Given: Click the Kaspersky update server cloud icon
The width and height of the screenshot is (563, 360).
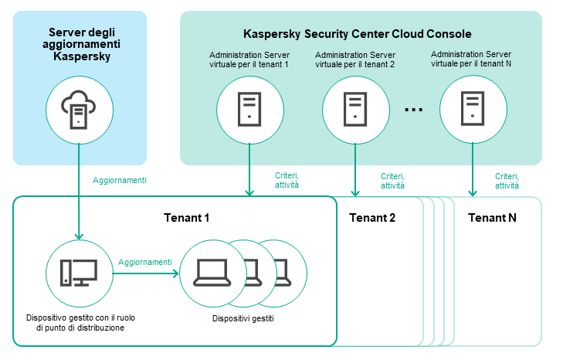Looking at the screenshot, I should coord(80,110).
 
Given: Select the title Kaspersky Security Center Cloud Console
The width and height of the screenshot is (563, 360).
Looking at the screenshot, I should coord(357,34).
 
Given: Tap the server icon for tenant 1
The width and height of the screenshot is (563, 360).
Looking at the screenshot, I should coord(249,110).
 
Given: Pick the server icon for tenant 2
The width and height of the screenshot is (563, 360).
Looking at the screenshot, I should coord(354,110).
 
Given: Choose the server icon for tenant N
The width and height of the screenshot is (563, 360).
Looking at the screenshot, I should coord(472,110).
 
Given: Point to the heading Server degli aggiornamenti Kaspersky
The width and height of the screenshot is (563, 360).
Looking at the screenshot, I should coord(80,44).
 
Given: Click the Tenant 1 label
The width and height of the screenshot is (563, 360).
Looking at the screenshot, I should coord(186,218).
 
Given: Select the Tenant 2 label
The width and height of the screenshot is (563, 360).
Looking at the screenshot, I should coord(372,218).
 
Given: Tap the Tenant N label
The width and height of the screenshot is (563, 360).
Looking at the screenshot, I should coord(492,218).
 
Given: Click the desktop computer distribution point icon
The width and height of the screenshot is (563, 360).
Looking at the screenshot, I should coord(79,272).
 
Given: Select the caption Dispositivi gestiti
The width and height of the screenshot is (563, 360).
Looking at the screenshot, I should coord(243,318).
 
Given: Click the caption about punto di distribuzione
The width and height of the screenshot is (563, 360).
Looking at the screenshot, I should coord(80,322).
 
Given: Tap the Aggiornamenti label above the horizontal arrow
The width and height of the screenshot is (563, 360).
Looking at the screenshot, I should coord(145,263).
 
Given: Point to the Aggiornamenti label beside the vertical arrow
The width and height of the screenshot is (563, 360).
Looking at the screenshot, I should coord(120,180).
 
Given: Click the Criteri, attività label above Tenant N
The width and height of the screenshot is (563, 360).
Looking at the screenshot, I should coord(507,181).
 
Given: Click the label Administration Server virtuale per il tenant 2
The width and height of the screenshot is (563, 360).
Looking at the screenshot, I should coord(354,59).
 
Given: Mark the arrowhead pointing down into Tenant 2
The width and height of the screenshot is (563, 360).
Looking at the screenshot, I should coord(354,192).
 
